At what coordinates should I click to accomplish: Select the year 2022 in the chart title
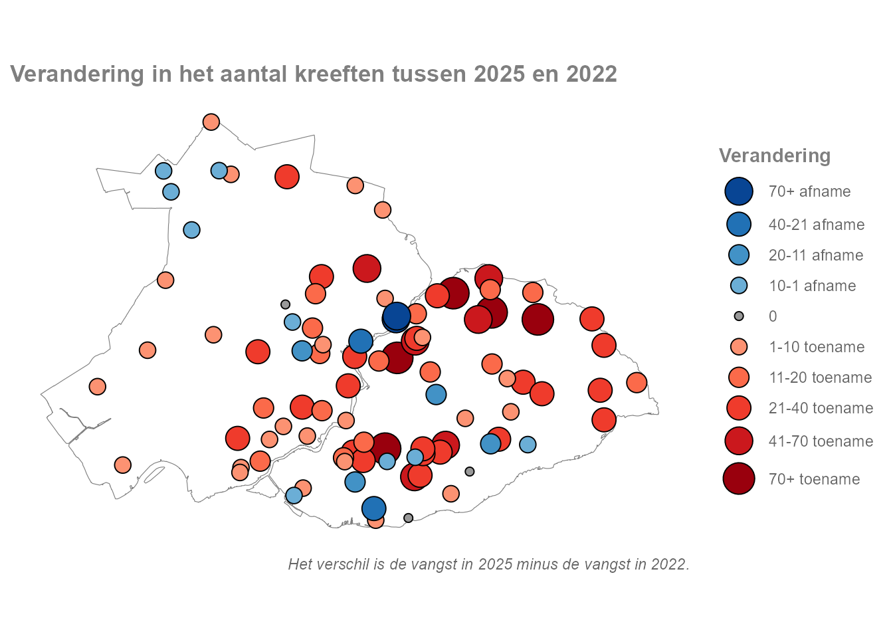[x=591, y=74]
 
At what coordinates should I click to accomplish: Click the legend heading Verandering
[x=775, y=156]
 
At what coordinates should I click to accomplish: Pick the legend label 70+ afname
[x=809, y=191]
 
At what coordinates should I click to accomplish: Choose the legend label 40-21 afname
[x=817, y=225]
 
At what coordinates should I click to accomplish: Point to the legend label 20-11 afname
[x=816, y=255]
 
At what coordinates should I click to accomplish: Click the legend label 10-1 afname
[x=812, y=286]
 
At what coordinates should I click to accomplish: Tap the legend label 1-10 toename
[x=817, y=347]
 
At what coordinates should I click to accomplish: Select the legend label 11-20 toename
[x=820, y=377]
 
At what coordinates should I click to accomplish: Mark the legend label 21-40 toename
[x=821, y=408]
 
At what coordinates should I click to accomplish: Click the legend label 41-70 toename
[x=821, y=441]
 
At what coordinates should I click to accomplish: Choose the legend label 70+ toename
[x=814, y=479]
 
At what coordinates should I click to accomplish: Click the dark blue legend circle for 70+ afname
[x=739, y=191]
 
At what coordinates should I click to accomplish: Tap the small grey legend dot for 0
[x=739, y=316]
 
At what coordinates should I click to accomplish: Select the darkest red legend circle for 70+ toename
[x=739, y=479]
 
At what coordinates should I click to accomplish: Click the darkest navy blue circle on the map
[x=396, y=316]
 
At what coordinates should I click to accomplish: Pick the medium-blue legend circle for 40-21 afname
[x=739, y=225]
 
